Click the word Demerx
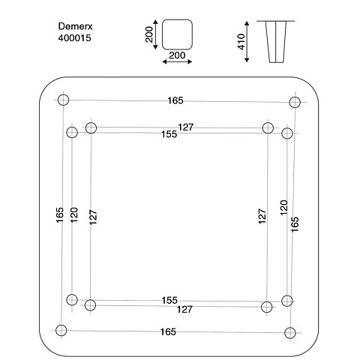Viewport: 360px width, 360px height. pos(75,26)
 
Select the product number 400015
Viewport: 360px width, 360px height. pos(74,38)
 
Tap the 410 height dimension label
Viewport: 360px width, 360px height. pos(241,42)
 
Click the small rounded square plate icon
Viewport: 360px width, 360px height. pos(177,34)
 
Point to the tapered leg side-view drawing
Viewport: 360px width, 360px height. pos(276,42)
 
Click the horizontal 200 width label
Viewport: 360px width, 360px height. pos(177,55)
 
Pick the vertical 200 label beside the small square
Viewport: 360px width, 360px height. pos(149,34)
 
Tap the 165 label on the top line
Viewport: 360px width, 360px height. pos(175,100)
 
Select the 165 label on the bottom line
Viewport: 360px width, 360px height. pos(168,331)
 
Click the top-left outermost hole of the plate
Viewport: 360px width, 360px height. pos(63,100)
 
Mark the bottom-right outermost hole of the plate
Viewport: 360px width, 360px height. pos(290,333)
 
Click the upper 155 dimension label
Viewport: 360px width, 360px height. pos(169,134)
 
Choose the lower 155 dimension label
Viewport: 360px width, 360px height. pos(169,300)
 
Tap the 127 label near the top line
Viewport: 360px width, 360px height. pos(186,127)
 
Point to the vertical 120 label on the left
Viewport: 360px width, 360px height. pos(74,215)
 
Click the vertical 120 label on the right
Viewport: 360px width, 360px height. pos(284,208)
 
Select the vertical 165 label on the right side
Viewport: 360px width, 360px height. pos(295,224)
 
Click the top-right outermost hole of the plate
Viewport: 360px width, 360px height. pos(295,102)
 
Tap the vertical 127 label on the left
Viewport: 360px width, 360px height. pos(93,217)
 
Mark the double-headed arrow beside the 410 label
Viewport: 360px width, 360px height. pos(247,42)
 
